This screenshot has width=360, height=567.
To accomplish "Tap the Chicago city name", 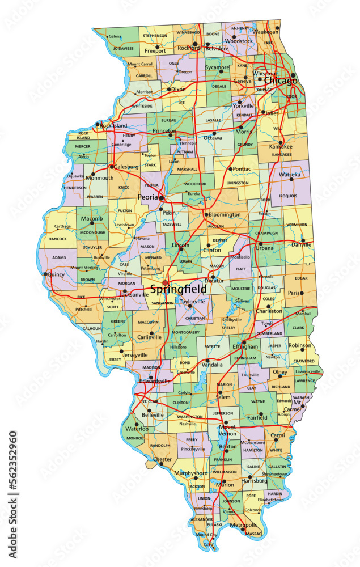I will (x=280, y=81).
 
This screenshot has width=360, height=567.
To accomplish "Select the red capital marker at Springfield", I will (x=165, y=282).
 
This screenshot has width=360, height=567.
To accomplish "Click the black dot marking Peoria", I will (x=162, y=198).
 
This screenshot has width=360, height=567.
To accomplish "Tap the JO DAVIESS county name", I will (x=123, y=48).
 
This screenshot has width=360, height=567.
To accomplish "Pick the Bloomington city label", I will (x=225, y=215).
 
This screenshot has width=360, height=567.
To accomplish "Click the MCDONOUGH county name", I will (x=92, y=232).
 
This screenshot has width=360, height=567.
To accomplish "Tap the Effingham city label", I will (x=245, y=346).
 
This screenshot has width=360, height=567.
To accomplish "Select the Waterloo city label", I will (x=137, y=429).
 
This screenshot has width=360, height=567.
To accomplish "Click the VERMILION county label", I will (x=297, y=225).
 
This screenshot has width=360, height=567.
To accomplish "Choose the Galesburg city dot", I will (x=111, y=167).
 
